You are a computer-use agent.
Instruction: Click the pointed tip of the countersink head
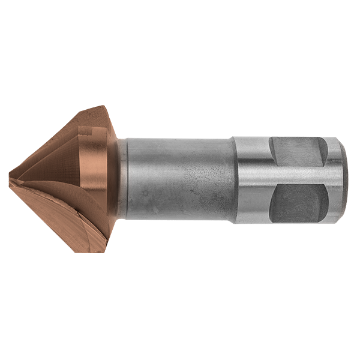click(11, 178)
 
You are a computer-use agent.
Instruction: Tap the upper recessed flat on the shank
click(297, 153)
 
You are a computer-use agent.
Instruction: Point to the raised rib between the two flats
click(297, 178)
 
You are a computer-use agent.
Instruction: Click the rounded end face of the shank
click(342, 178)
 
